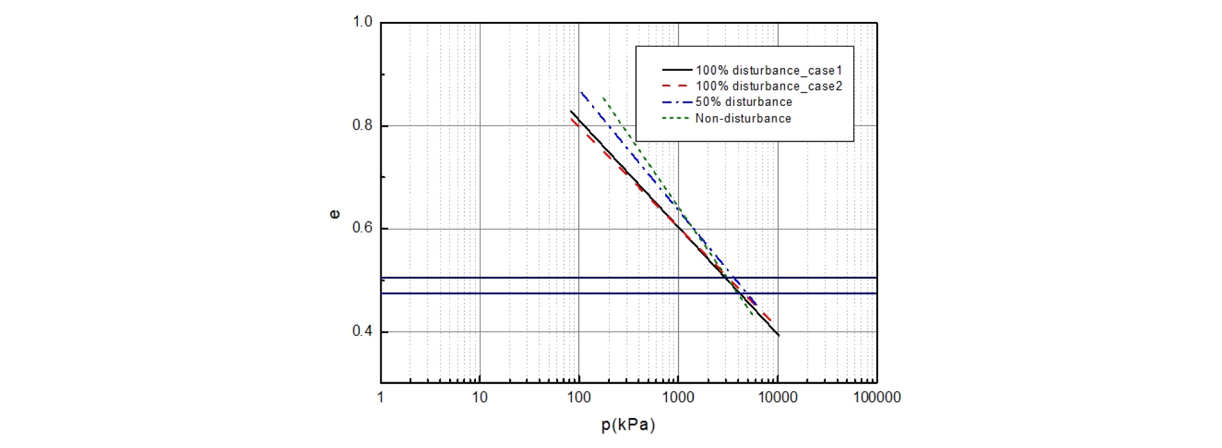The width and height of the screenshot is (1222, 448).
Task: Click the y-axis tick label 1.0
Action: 362,22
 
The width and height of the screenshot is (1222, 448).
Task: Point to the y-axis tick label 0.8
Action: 362,125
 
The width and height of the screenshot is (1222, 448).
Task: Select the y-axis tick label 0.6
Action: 362,228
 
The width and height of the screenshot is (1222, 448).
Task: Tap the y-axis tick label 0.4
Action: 362,331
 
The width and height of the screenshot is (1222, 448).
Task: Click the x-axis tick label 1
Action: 381,397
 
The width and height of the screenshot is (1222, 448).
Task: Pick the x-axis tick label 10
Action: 480,397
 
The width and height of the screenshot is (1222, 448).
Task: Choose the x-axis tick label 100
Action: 579,397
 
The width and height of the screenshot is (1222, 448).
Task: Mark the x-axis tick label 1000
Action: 678,397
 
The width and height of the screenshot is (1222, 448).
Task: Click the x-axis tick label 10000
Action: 777,397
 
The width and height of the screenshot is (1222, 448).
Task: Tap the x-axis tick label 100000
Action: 876,397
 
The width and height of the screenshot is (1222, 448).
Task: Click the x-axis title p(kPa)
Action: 628,425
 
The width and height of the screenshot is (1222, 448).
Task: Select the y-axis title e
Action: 334,214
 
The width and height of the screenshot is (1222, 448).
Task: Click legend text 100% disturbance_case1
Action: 769,71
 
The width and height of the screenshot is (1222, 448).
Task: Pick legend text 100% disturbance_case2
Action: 769,86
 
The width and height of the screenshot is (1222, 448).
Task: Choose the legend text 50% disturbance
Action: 744,102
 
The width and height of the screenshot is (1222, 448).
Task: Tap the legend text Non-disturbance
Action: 743,119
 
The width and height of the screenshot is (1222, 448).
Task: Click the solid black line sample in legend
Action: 677,71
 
